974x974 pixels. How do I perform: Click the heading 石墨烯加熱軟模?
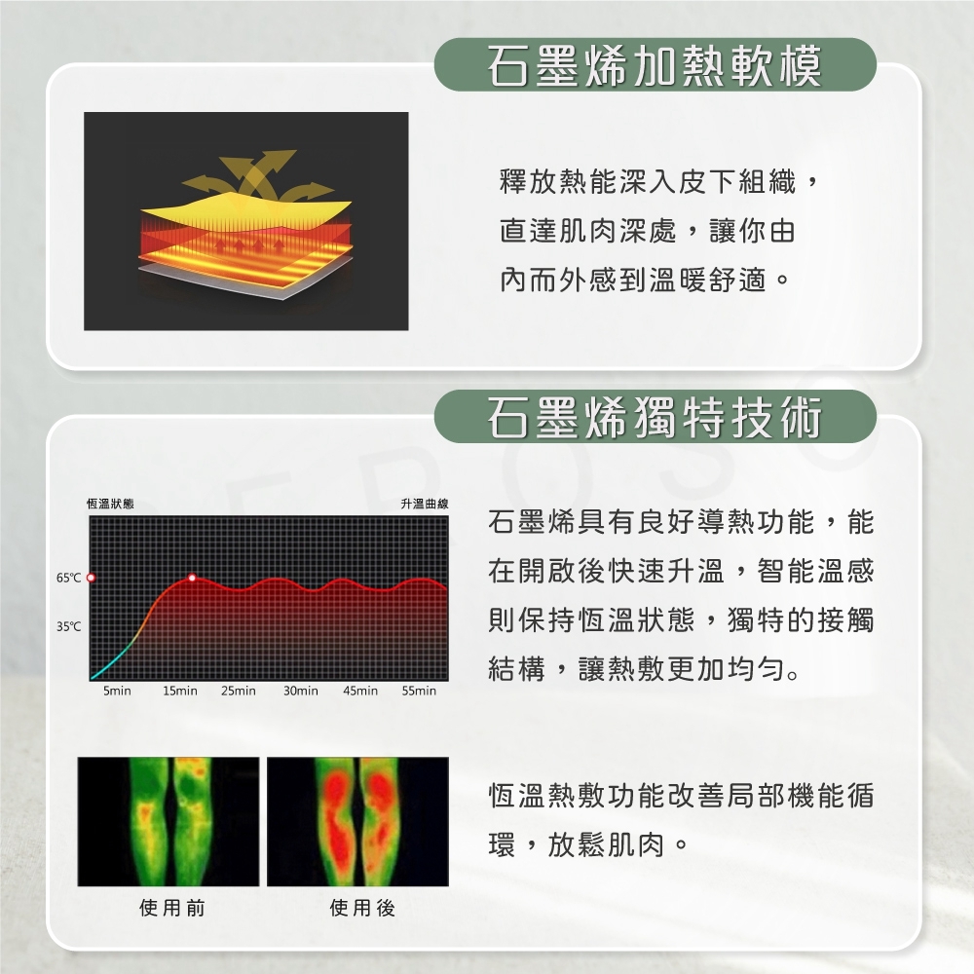click(655, 66)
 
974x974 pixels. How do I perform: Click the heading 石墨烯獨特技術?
click(655, 417)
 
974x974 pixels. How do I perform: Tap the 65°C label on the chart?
click(68, 578)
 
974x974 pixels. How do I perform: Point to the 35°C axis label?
click(68, 626)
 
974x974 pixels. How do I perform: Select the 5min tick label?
click(117, 691)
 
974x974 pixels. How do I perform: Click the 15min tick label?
click(179, 691)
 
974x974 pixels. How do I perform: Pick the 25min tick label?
click(239, 691)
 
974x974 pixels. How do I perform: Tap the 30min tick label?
click(301, 691)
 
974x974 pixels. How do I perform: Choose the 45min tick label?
click(360, 691)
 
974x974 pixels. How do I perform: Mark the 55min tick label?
click(419, 691)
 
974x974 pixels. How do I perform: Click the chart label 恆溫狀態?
click(110, 504)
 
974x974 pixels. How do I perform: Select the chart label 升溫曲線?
click(425, 504)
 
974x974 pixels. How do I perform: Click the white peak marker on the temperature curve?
click(192, 578)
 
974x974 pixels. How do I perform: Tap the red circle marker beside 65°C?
click(91, 578)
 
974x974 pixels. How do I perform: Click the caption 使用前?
click(172, 908)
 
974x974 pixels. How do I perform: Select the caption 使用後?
click(362, 908)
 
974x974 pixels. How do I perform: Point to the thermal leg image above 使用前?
click(169, 821)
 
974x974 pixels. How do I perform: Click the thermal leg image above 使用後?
click(357, 821)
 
